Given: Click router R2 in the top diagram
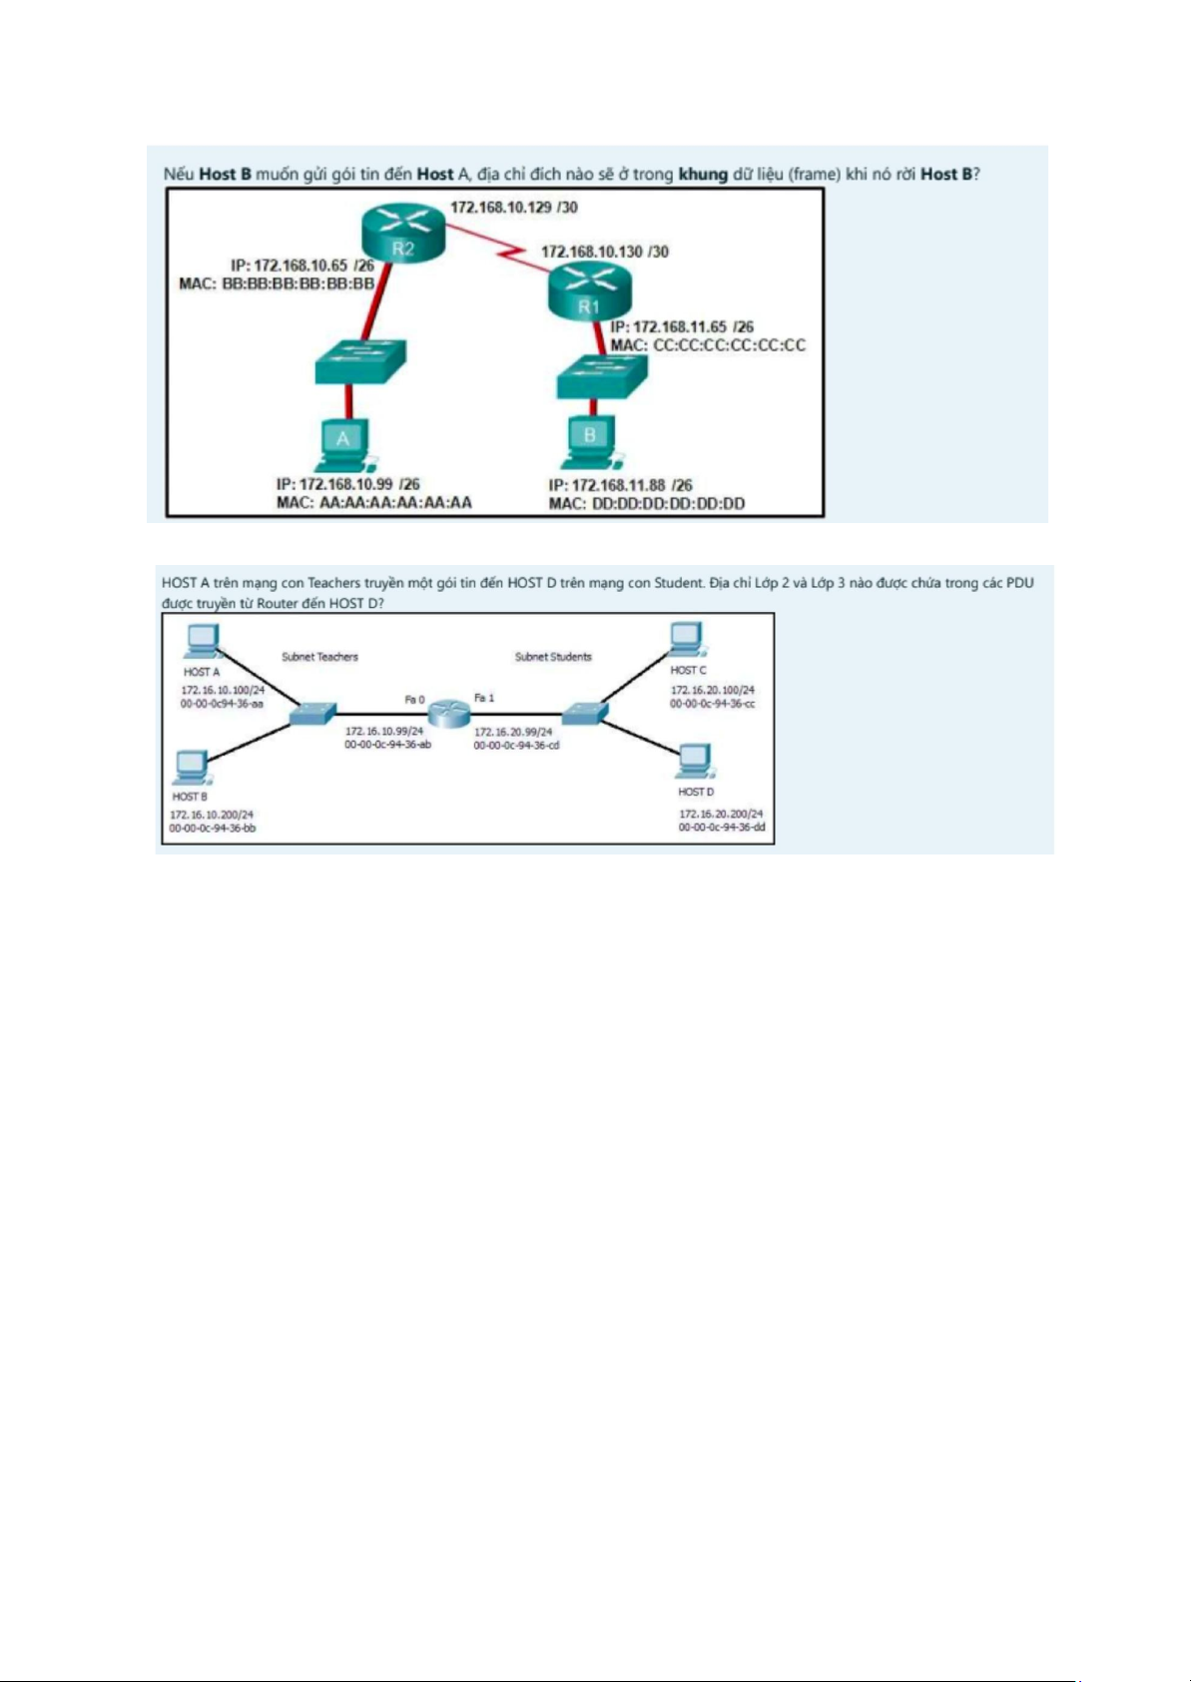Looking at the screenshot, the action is (403, 232).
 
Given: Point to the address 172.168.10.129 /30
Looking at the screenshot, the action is (514, 208).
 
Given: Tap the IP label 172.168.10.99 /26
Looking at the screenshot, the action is (347, 484).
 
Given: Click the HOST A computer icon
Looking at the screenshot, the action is (202, 642).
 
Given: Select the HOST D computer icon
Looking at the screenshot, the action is (696, 762).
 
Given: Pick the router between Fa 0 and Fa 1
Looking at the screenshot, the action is (450, 712).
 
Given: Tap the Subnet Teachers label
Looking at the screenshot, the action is (319, 657).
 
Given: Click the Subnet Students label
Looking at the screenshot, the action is (553, 657).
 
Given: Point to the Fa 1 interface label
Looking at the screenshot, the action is (484, 699).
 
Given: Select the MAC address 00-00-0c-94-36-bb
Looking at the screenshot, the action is (213, 829).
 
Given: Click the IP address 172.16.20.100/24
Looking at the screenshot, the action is (713, 690).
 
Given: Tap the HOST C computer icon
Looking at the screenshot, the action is (687, 640).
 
